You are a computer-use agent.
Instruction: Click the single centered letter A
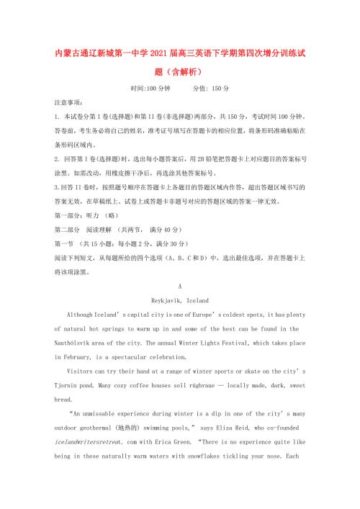(180, 285)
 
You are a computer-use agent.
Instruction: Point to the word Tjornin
(71, 385)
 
